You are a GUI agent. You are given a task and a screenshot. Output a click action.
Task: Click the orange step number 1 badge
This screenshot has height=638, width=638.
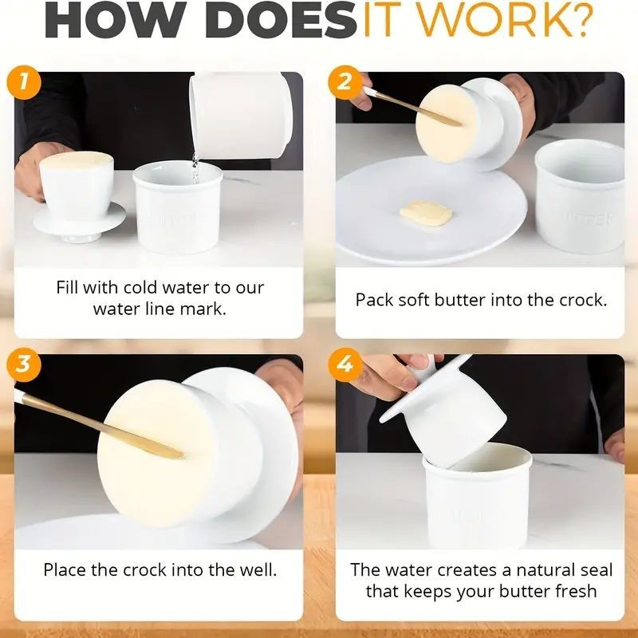24,82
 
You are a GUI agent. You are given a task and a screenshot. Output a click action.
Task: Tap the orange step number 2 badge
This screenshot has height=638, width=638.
345,82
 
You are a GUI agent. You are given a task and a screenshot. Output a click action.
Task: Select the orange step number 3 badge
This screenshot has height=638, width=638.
24,364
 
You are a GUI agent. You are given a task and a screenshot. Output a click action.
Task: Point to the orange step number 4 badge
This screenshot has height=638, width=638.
345,364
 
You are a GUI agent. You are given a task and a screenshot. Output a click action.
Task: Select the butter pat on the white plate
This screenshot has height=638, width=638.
426,213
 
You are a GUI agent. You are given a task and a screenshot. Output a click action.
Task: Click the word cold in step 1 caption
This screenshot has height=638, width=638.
140,287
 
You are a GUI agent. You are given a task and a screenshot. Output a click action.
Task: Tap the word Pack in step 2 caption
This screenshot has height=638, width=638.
375,300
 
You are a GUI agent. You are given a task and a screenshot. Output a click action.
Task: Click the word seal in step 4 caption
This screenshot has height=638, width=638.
597,569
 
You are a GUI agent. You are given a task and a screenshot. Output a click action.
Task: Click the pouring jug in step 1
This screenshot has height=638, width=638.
241,115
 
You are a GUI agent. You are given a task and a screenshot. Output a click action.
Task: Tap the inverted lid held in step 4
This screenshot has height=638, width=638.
443,411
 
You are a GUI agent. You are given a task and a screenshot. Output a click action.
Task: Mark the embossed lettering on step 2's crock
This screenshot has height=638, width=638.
591,219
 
